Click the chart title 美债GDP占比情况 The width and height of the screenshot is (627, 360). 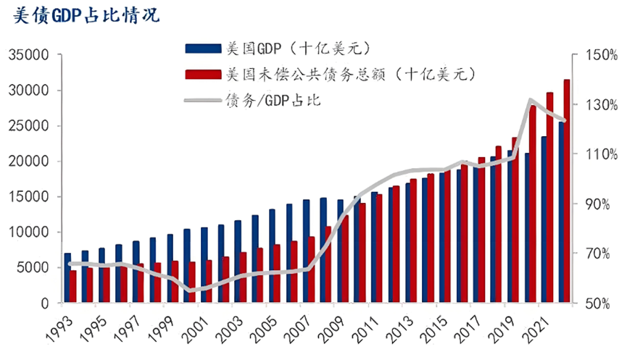[87, 14]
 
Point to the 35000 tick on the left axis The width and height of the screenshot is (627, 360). [28, 55]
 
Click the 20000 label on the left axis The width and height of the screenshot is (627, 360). [28, 162]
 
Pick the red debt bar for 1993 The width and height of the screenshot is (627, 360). [73, 286]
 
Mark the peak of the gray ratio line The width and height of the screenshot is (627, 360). [531, 100]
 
